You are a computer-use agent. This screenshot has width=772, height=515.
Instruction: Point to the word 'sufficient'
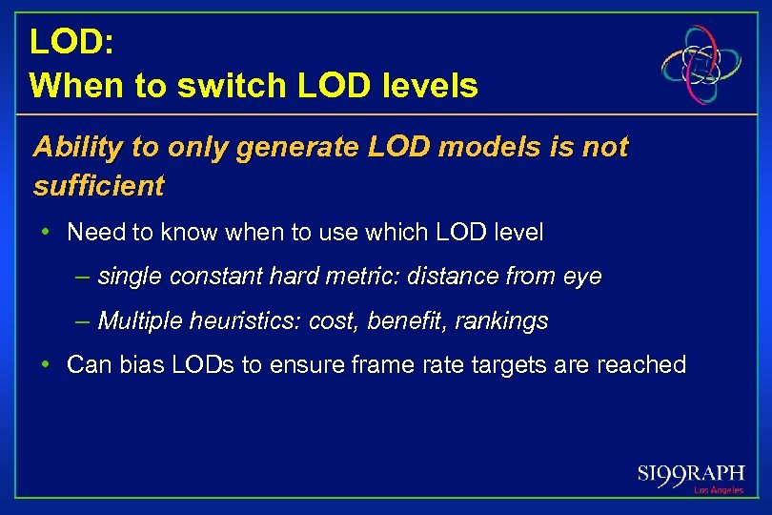(98, 185)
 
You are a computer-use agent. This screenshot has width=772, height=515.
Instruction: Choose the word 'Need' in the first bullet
(92, 232)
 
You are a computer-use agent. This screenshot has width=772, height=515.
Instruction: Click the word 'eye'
(582, 277)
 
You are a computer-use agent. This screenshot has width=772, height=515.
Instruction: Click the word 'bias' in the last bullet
(140, 365)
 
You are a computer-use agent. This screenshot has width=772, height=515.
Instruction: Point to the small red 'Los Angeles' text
(718, 490)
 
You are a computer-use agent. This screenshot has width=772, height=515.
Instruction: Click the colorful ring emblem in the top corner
(702, 65)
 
